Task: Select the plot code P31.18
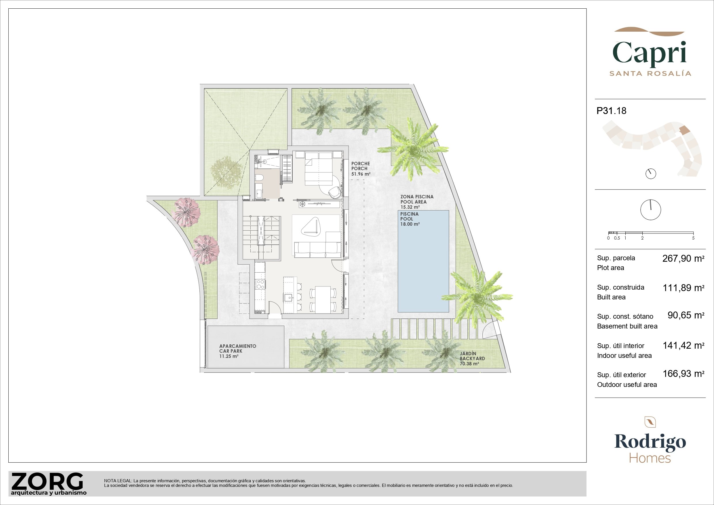[611, 111]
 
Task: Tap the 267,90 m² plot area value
[683, 258]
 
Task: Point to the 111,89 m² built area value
[683, 288]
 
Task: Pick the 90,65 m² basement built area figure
[686, 315]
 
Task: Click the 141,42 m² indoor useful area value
[683, 345]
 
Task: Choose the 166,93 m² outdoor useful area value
[683, 373]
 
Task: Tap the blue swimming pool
[423, 261]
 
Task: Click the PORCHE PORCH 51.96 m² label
[361, 169]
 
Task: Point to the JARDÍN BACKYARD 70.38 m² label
[472, 358]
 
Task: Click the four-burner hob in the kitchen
[260, 284]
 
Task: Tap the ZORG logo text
[47, 482]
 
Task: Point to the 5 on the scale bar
[693, 238]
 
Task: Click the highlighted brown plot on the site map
[685, 130]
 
